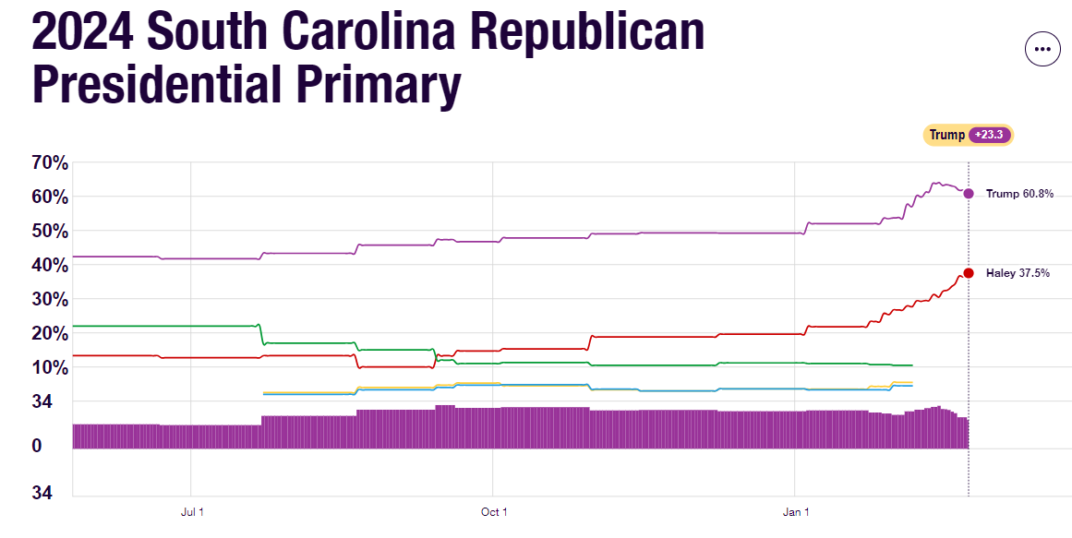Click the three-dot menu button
point(1042,49)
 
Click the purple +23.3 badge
point(991,135)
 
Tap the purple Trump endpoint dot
point(968,194)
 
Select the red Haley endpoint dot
point(968,273)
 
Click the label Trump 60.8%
point(1019,194)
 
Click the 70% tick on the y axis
point(50,163)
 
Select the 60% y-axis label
point(50,197)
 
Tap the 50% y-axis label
point(50,231)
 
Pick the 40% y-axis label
point(50,265)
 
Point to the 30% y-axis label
point(50,299)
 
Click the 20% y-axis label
point(50,333)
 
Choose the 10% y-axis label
point(50,367)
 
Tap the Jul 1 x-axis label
point(191,512)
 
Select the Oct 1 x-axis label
point(494,512)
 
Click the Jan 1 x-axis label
point(796,512)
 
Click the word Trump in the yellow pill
point(946,135)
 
